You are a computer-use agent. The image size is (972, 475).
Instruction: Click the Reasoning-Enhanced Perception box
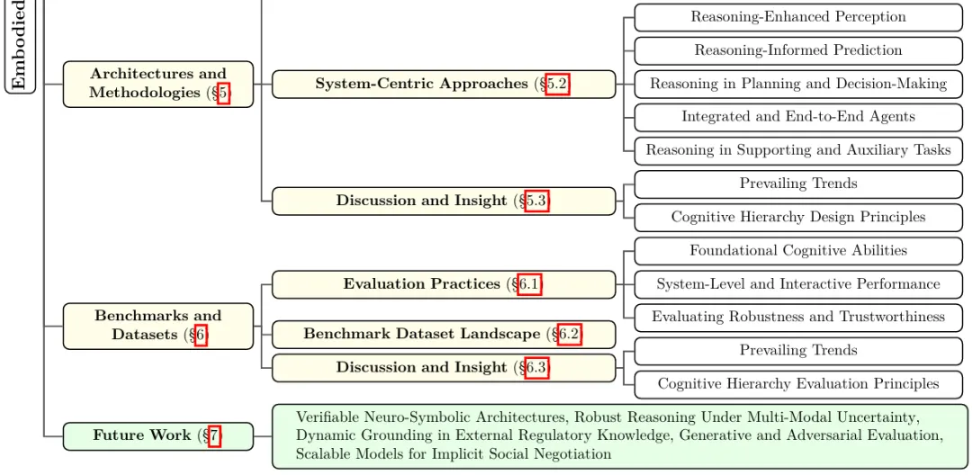point(797,17)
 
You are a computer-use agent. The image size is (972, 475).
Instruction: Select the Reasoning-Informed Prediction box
point(797,50)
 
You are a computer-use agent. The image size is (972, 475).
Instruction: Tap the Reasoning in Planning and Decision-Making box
point(797,84)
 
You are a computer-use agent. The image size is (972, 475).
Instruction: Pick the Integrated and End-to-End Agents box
point(797,117)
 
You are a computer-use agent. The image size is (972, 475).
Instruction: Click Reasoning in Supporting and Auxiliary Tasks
point(797,150)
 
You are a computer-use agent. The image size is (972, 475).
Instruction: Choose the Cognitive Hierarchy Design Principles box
point(797,217)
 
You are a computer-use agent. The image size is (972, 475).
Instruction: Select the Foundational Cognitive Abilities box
point(797,251)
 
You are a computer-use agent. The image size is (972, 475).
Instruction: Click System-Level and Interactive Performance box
point(797,284)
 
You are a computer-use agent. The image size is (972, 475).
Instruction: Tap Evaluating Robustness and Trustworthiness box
point(797,317)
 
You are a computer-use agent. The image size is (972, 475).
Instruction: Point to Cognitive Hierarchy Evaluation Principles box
point(797,384)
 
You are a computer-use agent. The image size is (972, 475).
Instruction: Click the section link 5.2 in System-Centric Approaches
point(557,84)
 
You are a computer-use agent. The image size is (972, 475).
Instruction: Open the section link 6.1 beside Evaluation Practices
point(529,284)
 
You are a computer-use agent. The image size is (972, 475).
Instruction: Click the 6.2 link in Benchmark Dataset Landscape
point(569,334)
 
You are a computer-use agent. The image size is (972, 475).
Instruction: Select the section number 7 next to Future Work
point(214,435)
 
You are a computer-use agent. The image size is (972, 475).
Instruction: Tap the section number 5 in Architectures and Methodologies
point(223,93)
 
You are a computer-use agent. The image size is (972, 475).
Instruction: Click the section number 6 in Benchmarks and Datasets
point(201,336)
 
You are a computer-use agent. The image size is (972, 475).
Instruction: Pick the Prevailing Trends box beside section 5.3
point(797,184)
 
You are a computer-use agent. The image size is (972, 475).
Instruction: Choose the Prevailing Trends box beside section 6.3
point(797,351)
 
